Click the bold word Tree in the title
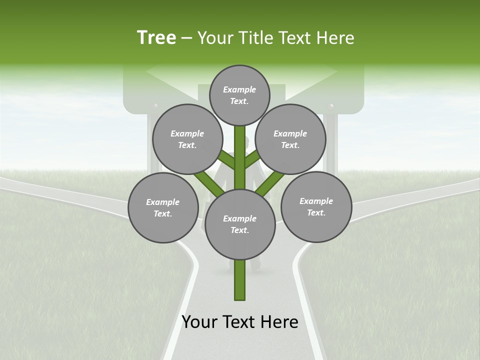click(x=156, y=38)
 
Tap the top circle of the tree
click(x=239, y=95)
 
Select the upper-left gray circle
click(x=187, y=139)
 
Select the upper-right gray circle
click(x=290, y=139)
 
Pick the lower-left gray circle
click(x=163, y=208)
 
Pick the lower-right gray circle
click(x=316, y=206)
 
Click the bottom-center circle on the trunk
click(x=239, y=224)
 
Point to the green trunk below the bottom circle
click(x=239, y=280)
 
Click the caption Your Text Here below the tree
click(x=239, y=322)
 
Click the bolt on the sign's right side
click(x=330, y=106)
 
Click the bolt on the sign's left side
click(x=155, y=106)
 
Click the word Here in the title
click(x=335, y=38)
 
